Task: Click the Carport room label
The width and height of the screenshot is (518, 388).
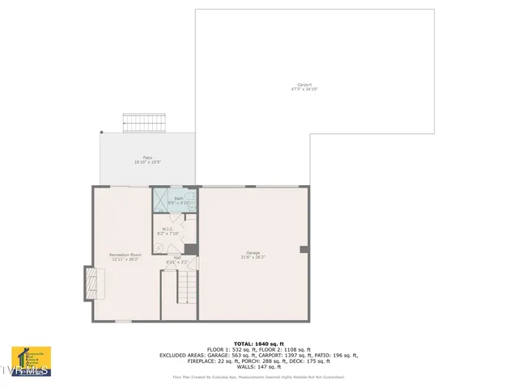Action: click(304, 86)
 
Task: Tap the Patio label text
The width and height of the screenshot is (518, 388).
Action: click(147, 160)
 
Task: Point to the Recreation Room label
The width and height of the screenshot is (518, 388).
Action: click(125, 257)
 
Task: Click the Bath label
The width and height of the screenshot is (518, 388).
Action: click(179, 200)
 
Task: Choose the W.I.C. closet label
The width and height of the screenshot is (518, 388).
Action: click(168, 231)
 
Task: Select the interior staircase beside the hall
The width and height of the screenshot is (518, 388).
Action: click(187, 288)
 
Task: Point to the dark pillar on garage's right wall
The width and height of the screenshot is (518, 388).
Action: click(304, 249)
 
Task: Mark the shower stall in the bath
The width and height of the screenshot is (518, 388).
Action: click(162, 200)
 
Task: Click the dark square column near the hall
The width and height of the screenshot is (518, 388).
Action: click(190, 249)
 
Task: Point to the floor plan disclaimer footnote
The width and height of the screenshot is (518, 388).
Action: click(258, 377)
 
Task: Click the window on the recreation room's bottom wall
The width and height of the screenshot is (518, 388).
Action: click(122, 322)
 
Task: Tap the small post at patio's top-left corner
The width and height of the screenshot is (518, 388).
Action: click(101, 133)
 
